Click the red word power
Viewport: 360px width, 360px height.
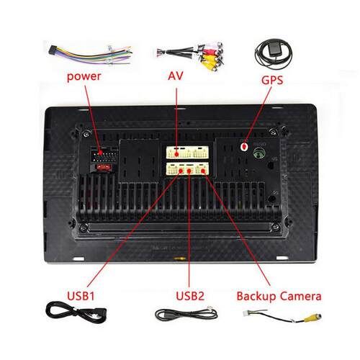point(84,77)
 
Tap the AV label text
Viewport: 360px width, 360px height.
point(176,76)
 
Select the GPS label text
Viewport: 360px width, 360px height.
point(272,80)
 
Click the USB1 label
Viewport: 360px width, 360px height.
point(81,296)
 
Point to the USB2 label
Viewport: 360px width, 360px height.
point(190,296)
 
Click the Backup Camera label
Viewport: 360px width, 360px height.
point(279,297)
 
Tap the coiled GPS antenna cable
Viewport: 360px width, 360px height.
point(274,55)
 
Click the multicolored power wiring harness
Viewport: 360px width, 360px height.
point(91,55)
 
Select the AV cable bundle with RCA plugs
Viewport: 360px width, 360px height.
point(190,56)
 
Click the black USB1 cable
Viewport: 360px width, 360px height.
point(76,313)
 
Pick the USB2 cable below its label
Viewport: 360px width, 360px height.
point(186,314)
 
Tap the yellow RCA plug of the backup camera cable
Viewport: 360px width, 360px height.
point(312,318)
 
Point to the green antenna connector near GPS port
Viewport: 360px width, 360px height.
point(259,153)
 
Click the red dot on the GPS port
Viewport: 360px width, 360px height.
point(244,146)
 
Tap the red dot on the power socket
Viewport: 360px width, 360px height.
point(100,153)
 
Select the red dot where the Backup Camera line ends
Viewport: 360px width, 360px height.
point(203,171)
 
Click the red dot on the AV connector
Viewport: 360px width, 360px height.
point(176,154)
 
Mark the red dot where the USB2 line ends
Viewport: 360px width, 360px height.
point(189,171)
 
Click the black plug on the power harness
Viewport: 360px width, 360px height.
point(52,50)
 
